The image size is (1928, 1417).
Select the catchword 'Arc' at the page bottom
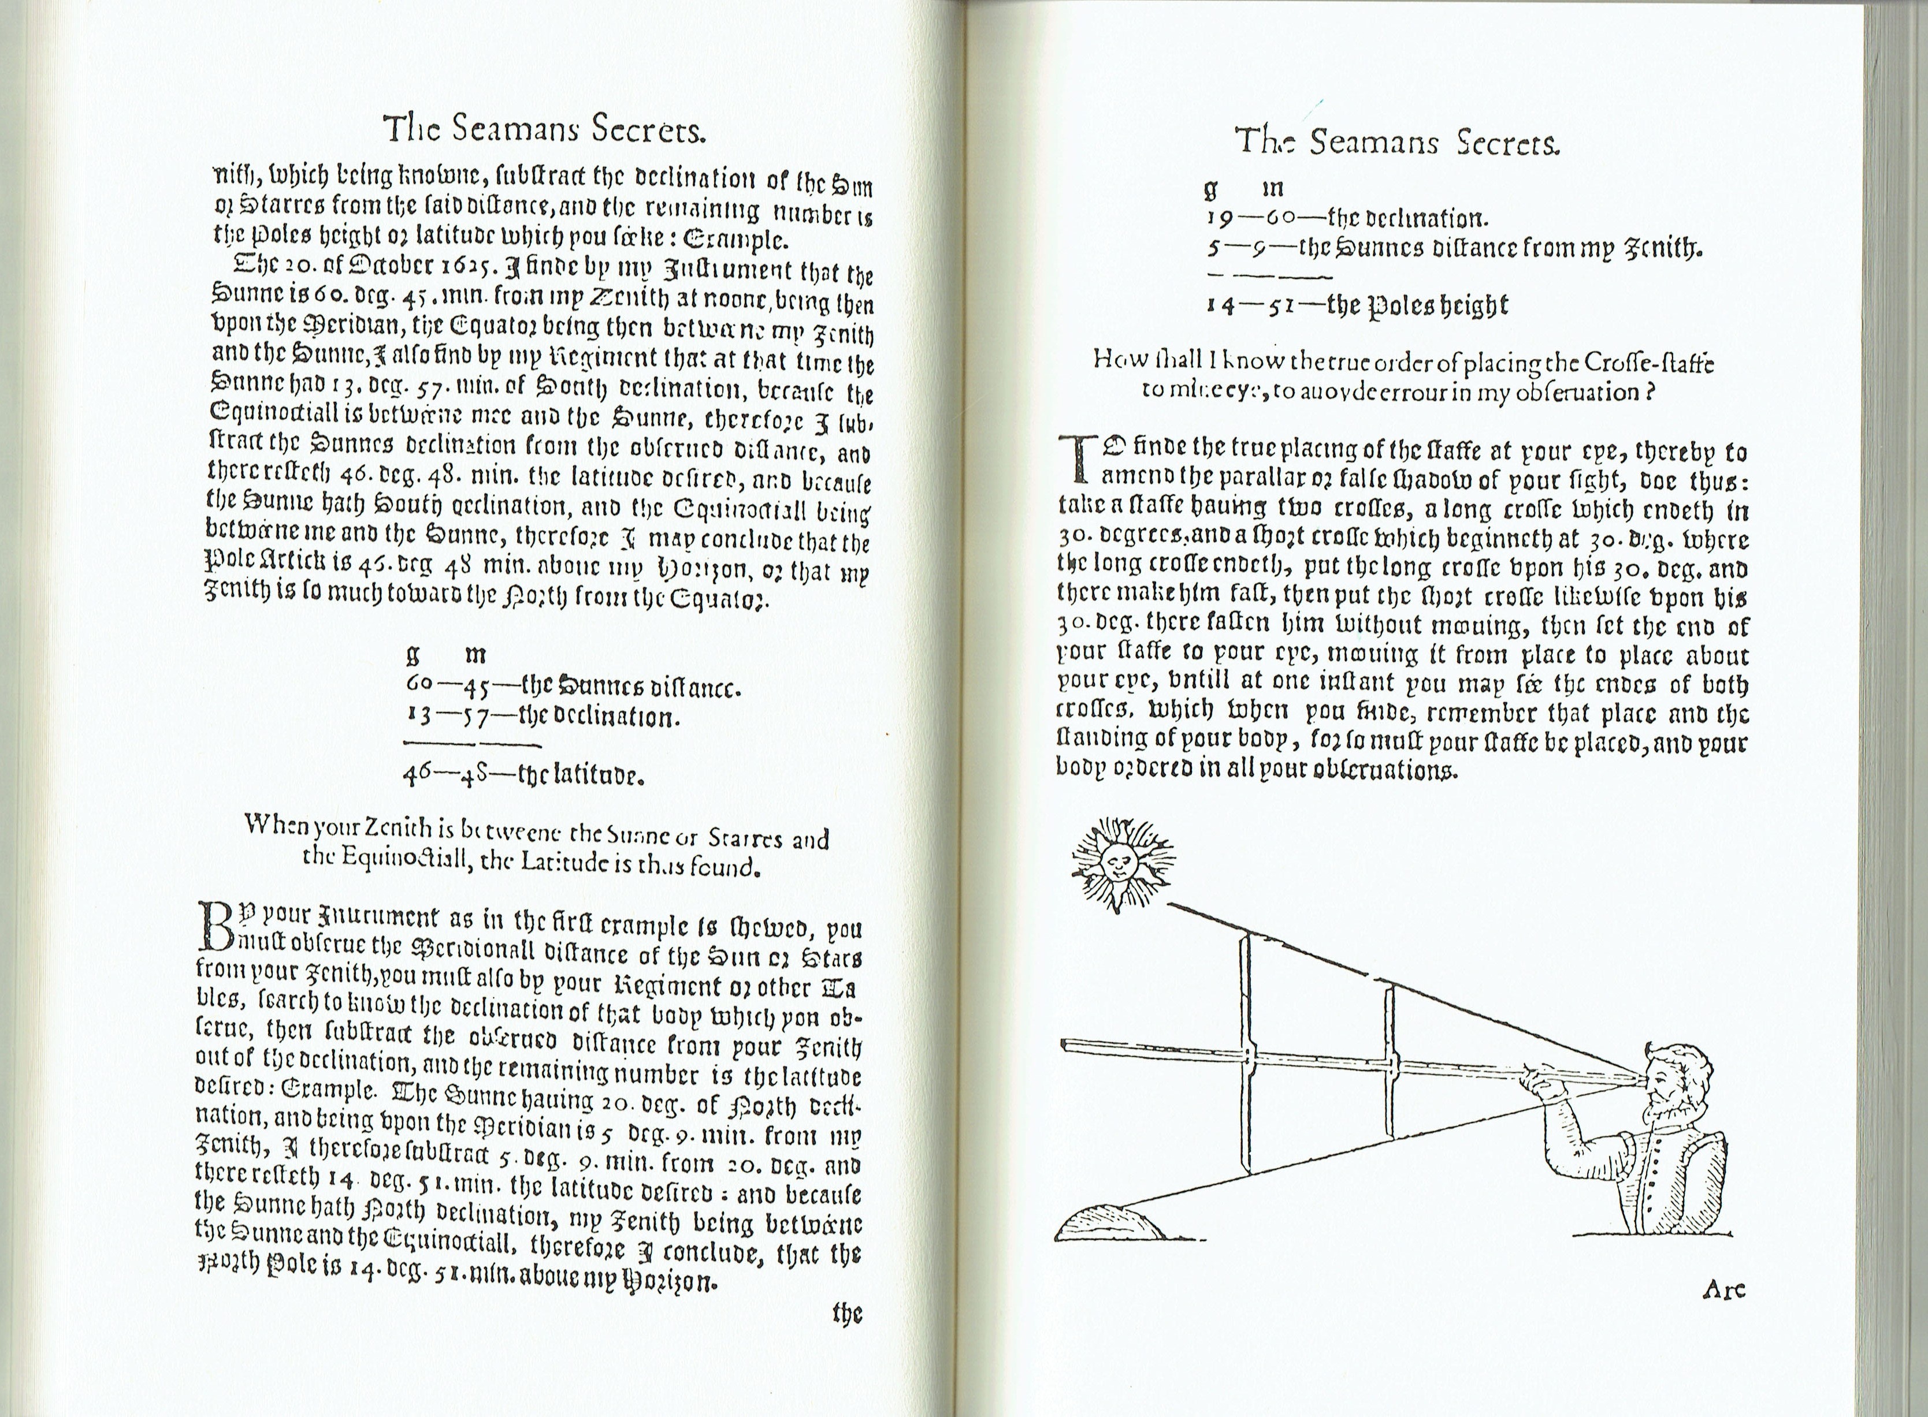(x=1723, y=1289)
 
